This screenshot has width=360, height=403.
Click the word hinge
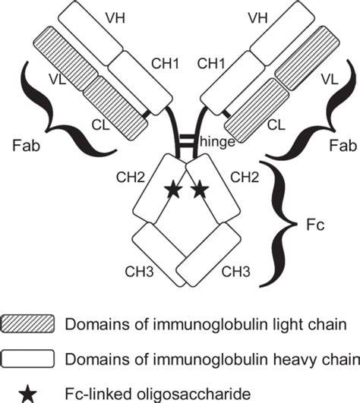[x=214, y=141]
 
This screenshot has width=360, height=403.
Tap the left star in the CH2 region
[x=173, y=190]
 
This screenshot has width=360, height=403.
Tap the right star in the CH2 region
[x=200, y=190]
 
